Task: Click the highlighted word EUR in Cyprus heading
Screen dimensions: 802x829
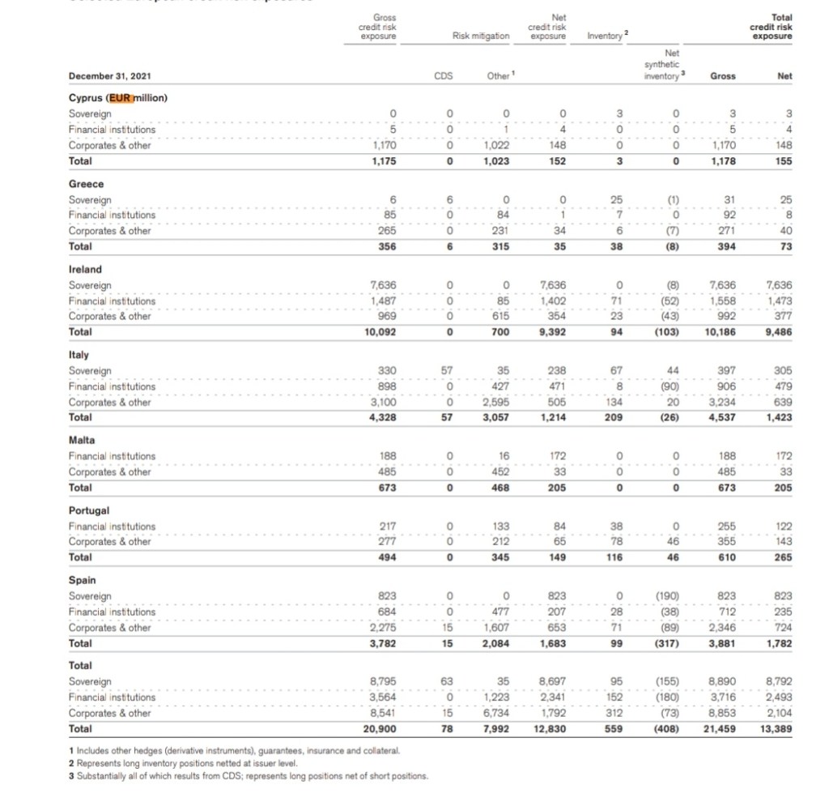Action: (121, 98)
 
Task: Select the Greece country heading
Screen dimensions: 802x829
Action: (86, 184)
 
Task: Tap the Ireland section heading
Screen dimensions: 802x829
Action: (86, 269)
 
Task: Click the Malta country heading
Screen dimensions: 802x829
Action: (82, 440)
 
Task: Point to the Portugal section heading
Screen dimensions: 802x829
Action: (90, 510)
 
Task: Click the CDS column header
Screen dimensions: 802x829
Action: (443, 76)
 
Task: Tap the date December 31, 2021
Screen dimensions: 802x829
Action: (110, 76)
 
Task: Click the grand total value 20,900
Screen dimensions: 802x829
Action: (380, 729)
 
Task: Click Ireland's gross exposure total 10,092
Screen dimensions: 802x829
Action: (380, 331)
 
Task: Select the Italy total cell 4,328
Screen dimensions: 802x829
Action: (382, 417)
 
